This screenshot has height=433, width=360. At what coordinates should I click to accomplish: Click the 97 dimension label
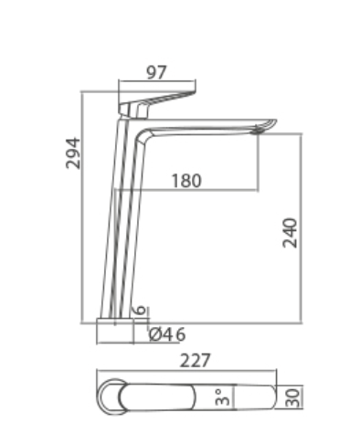point(156,72)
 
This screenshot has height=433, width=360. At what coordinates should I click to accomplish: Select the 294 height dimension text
point(73,153)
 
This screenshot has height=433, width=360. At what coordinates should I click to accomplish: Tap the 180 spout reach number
point(186,181)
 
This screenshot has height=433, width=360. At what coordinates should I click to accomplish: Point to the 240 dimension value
point(290,233)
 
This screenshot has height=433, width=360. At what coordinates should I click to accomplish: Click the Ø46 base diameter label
point(167,335)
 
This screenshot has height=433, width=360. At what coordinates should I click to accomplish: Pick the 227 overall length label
point(195,361)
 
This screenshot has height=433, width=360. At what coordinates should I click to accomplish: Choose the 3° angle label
point(222,396)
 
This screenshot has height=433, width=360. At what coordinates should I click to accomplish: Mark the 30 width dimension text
point(293,396)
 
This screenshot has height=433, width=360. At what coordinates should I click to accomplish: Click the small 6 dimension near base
point(140,310)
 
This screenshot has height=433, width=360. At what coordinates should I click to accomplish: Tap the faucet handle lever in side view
point(157,102)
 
